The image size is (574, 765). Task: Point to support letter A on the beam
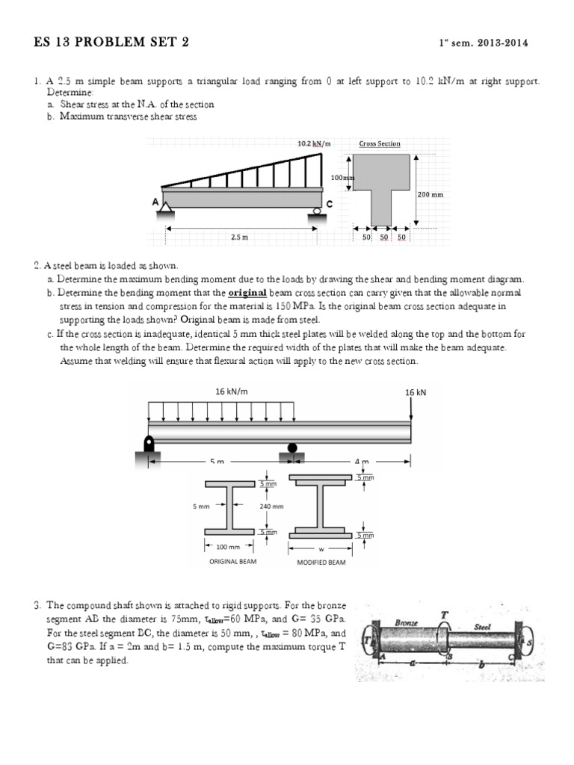155,202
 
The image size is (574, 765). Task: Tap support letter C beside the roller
330,203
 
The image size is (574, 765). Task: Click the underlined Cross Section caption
380,143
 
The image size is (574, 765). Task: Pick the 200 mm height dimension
430,194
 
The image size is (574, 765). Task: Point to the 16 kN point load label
415,391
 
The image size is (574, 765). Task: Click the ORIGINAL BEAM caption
232,561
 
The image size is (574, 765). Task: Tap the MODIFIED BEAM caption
321,563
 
